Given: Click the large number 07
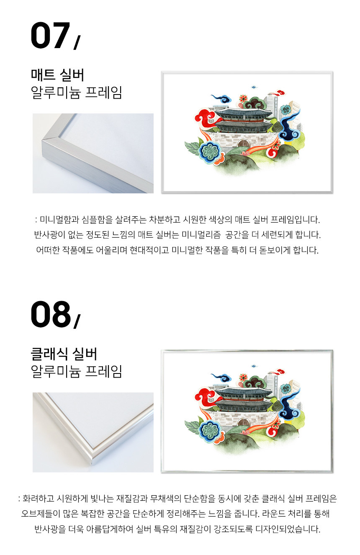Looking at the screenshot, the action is pyautogui.click(x=50, y=36).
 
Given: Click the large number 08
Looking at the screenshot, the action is pyautogui.click(x=51, y=314).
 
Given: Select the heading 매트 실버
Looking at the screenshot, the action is pyautogui.click(x=57, y=75).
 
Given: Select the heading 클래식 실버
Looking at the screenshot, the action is pyautogui.click(x=64, y=353).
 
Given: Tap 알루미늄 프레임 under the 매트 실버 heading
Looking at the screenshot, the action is pyautogui.click(x=76, y=92).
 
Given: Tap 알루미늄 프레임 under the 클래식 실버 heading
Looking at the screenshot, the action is pyautogui.click(x=76, y=371).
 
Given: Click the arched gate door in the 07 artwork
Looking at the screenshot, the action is pyautogui.click(x=243, y=144).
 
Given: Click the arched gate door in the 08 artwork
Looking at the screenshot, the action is pyautogui.click(x=243, y=423).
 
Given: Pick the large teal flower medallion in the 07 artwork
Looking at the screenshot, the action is pyautogui.click(x=210, y=152).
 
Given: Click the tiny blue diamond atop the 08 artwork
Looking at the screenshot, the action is pyautogui.click(x=253, y=366).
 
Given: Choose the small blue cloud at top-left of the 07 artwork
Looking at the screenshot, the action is pyautogui.click(x=221, y=98).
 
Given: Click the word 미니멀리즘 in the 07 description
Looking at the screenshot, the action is pyautogui.click(x=201, y=235).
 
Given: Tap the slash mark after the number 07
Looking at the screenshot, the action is pyautogui.click(x=77, y=43).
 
